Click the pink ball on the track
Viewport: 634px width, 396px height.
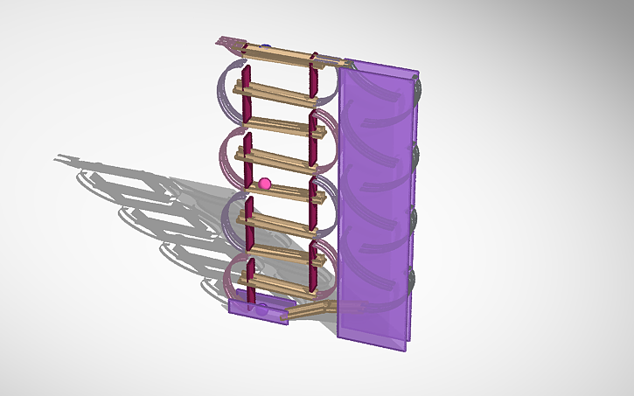(x=265, y=183)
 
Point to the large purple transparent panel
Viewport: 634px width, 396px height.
(x=374, y=210)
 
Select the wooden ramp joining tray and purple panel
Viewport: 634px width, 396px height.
(x=310, y=309)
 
